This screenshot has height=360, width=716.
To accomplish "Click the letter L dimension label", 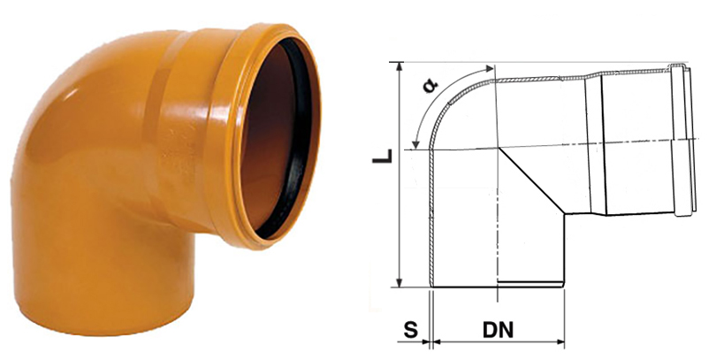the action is coord(383,155).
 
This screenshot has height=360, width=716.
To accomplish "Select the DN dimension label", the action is coord(498,330).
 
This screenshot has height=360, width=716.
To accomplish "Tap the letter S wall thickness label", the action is coord(411,330).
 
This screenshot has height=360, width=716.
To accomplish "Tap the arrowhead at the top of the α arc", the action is coord(490,68).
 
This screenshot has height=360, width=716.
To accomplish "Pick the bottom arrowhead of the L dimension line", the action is coord(400,282).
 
